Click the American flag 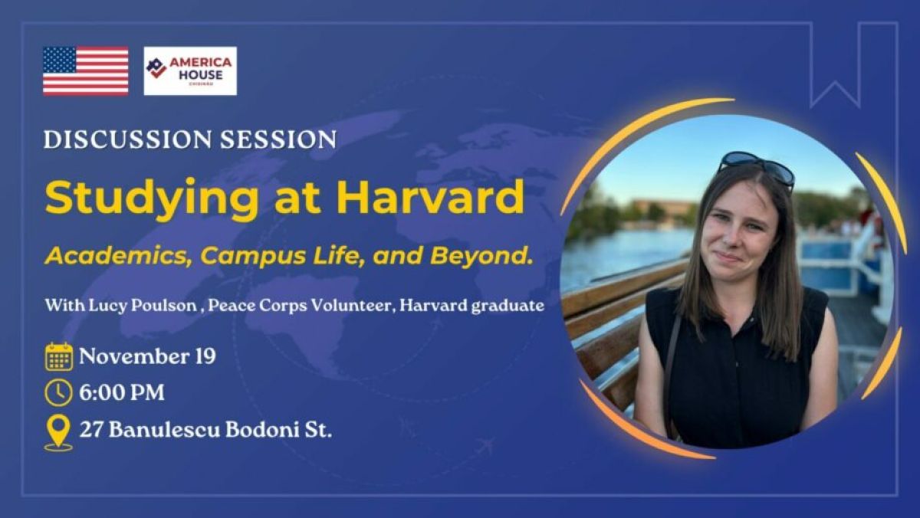85,71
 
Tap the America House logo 190,71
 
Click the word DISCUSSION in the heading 126,139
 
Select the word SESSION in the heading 278,139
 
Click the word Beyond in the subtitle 481,255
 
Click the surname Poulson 164,306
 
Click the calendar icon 59,356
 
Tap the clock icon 58,393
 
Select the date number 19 205,356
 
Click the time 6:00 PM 122,393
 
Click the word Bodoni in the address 262,430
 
